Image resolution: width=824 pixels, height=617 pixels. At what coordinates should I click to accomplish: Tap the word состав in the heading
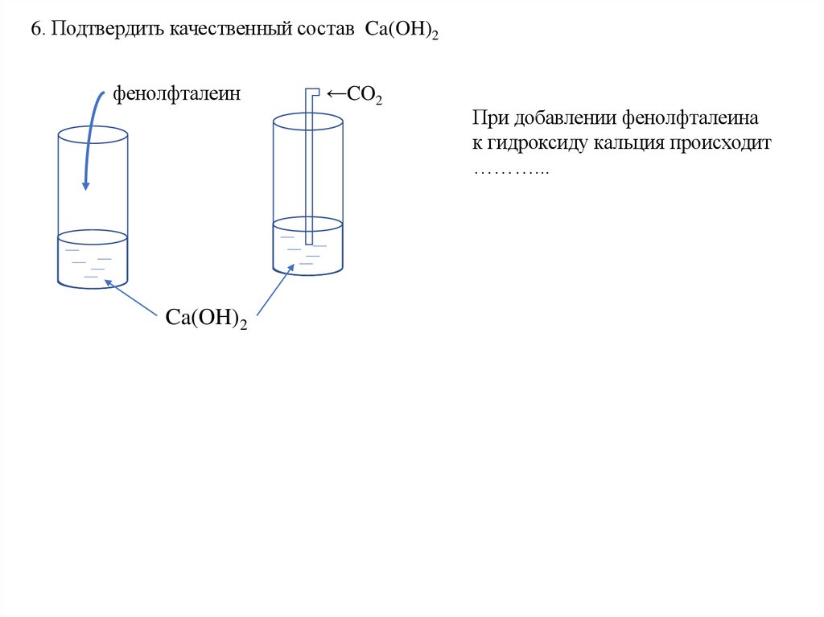pos(328,30)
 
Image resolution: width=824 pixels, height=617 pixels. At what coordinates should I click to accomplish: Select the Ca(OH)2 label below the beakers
pos(206,316)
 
